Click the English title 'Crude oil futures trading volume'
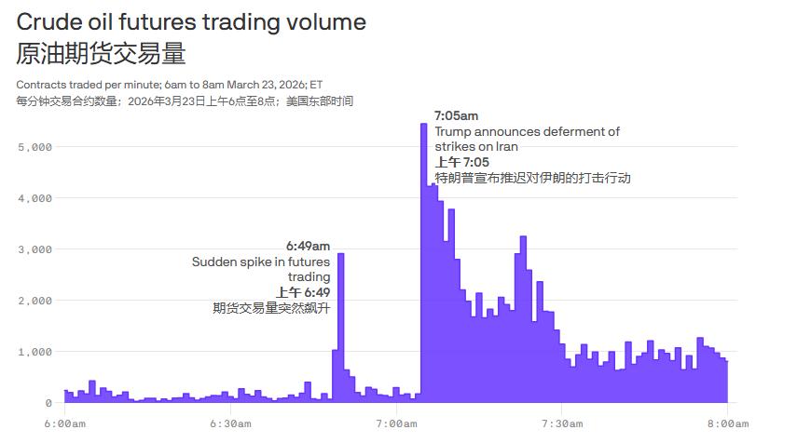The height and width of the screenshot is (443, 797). (191, 22)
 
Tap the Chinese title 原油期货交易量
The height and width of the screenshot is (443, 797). (102, 53)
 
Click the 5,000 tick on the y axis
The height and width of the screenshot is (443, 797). (34, 147)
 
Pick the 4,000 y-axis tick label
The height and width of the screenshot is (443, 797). (34, 198)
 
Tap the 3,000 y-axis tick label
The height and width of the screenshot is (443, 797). (34, 249)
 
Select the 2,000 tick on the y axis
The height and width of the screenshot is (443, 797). (34, 301)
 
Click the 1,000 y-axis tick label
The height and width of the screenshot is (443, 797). (34, 352)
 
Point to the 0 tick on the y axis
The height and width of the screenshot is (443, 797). (48, 403)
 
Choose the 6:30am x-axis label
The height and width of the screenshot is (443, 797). (230, 424)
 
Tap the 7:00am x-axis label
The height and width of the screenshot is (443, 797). (396, 424)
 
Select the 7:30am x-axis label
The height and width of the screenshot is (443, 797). (561, 424)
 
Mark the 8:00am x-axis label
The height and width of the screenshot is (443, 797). (727, 424)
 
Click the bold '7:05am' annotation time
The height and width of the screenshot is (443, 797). (457, 116)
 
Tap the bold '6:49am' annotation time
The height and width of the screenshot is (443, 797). (308, 247)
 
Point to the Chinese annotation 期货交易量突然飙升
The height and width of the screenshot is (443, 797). (271, 308)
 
